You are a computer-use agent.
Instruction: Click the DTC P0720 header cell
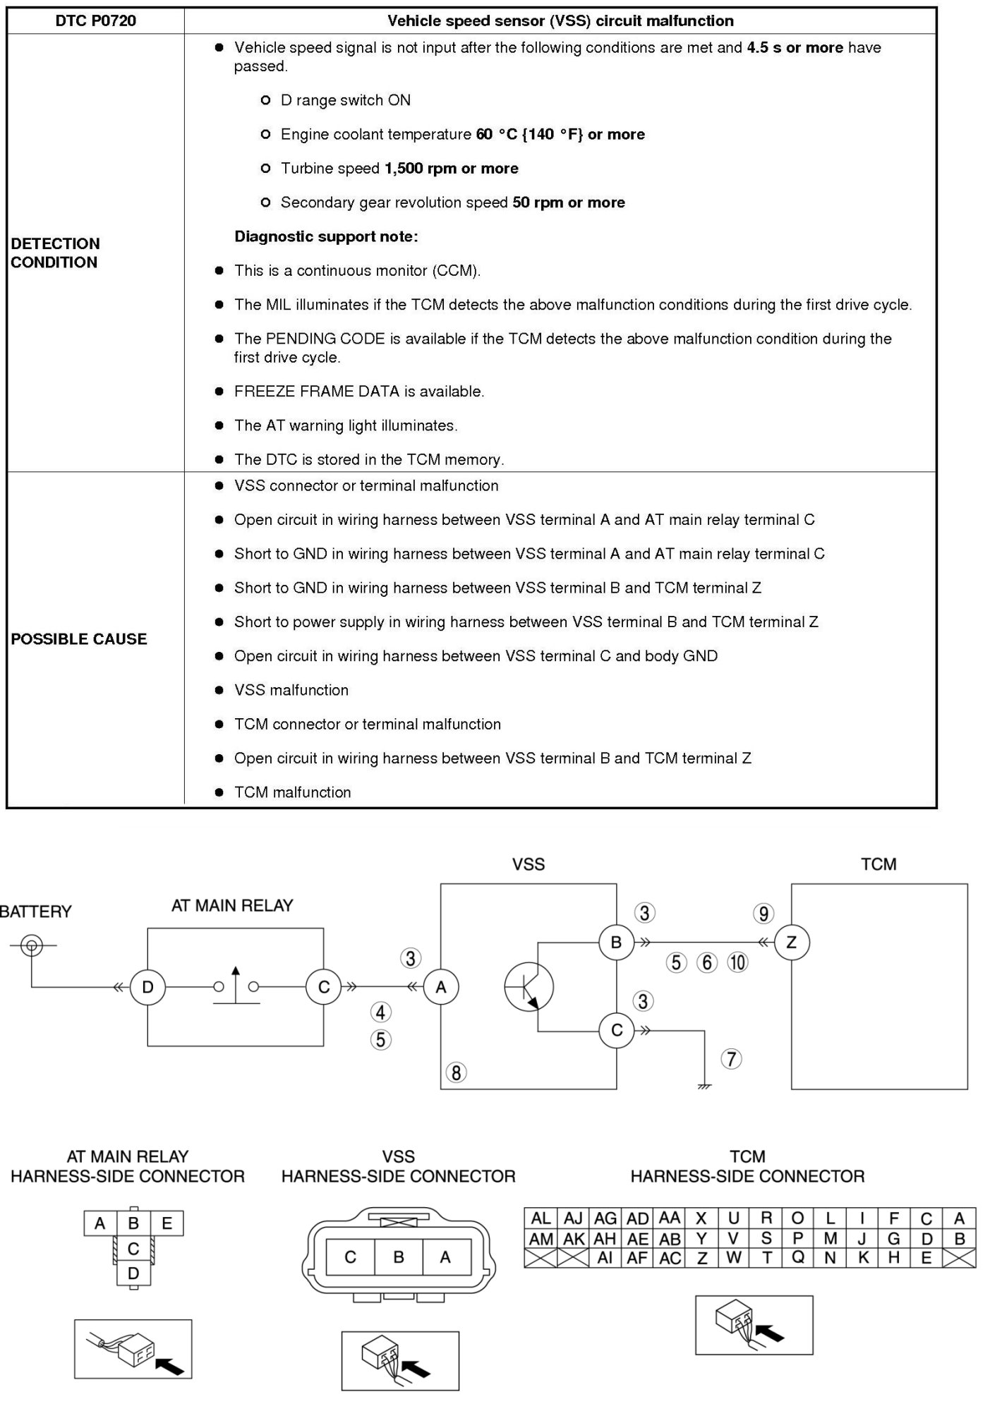point(95,21)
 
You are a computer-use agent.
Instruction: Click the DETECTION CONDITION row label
point(55,253)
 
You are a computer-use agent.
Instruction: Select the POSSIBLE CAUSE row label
point(79,638)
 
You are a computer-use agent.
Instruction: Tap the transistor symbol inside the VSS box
point(529,986)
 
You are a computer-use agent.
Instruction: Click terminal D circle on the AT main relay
point(147,987)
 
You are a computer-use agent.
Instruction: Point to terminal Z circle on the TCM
point(791,942)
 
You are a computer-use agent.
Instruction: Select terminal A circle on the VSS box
point(441,987)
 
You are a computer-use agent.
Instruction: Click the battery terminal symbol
point(31,945)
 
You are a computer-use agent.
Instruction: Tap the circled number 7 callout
point(731,1058)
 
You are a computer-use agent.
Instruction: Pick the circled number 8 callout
point(456,1072)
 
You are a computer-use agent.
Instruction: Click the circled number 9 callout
point(763,914)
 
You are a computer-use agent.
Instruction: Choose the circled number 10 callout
point(737,962)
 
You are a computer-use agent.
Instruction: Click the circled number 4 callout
point(381,1012)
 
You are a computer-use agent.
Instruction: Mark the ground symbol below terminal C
point(704,1086)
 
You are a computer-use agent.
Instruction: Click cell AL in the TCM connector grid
point(541,1218)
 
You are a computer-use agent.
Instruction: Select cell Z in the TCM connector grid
point(701,1258)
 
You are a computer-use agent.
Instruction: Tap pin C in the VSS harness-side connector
point(350,1256)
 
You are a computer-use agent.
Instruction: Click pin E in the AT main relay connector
point(167,1223)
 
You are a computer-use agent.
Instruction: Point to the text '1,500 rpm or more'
point(451,169)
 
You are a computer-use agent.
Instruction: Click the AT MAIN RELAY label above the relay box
point(232,906)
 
